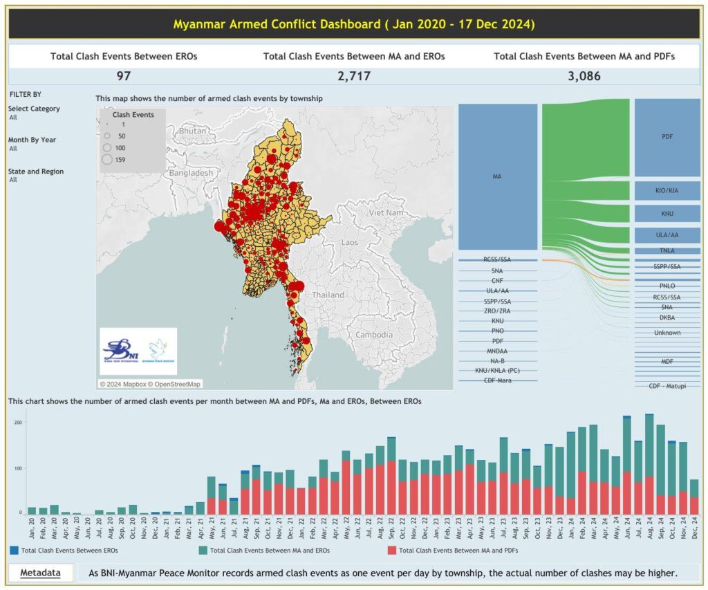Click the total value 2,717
click(x=353, y=76)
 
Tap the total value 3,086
click(x=584, y=76)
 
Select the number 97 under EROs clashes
click(x=124, y=76)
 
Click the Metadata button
click(x=40, y=573)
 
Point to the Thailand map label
click(x=328, y=294)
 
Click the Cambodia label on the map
click(x=374, y=334)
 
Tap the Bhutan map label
click(x=192, y=131)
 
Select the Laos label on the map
click(x=349, y=243)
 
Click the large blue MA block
click(x=497, y=177)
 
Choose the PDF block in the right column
click(x=667, y=137)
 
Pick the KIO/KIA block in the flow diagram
click(x=667, y=190)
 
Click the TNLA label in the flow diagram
click(x=667, y=251)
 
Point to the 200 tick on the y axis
click(x=18, y=422)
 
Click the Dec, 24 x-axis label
click(x=693, y=531)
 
